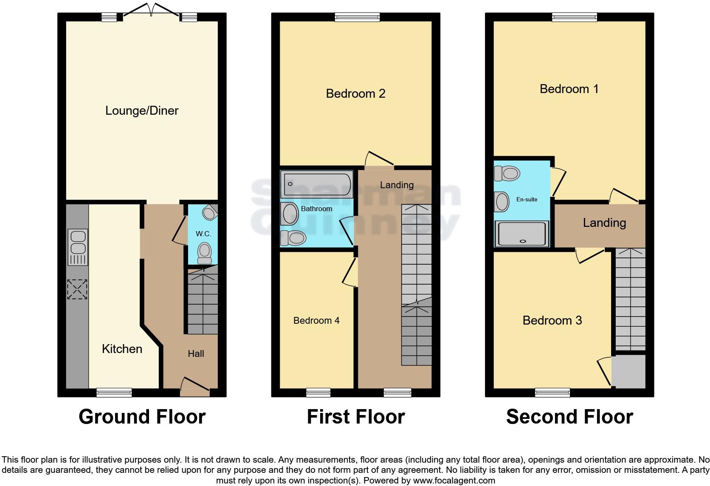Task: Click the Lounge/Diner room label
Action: coord(142,110)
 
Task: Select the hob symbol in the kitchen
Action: coord(77,289)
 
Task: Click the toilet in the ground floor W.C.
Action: coord(205,253)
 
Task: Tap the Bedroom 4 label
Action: coord(316,320)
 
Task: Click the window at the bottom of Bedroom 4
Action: coord(318,393)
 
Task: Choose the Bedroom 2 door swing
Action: coord(379,160)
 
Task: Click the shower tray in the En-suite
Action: coord(521,234)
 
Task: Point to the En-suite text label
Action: coord(527,199)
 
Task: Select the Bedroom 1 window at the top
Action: coord(575,17)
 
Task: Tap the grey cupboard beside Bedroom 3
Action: coord(629,371)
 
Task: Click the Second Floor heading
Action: coord(569,417)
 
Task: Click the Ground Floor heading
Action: coord(142,417)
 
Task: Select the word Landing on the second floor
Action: coord(604,223)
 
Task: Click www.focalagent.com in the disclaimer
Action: coord(454,480)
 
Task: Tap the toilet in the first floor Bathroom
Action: coord(293,238)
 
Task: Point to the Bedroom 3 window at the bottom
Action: coord(552,393)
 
